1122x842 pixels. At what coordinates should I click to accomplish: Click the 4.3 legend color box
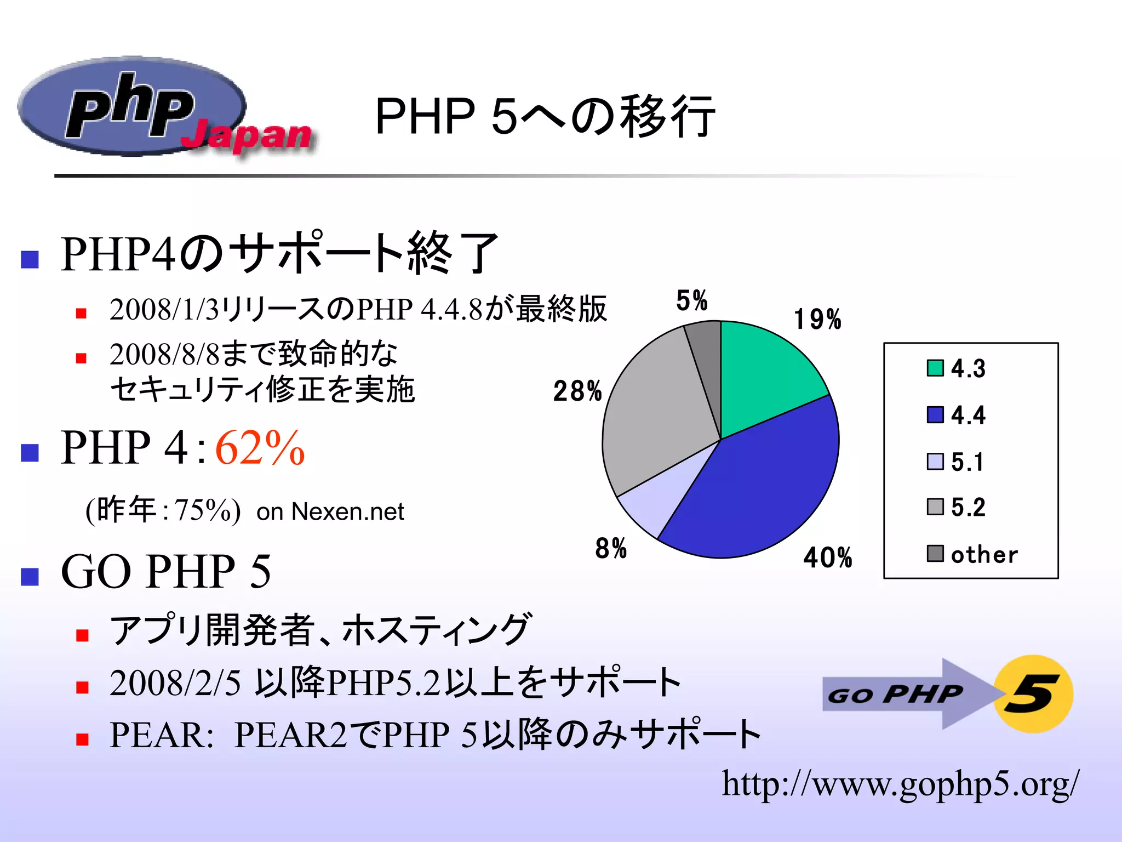coord(935,368)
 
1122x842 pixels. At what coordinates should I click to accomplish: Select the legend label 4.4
coord(968,415)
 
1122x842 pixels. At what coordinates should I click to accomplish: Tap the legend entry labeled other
coord(984,554)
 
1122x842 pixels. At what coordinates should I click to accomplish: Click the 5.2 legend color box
coord(935,507)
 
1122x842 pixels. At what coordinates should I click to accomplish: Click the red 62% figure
coord(260,448)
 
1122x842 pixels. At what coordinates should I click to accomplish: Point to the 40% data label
coord(827,557)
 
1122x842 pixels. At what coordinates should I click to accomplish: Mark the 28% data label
coord(577,391)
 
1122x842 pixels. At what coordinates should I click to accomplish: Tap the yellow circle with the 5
coord(1033,694)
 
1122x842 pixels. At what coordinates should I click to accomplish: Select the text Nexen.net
coord(347,511)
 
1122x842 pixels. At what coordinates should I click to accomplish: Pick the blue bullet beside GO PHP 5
coord(30,577)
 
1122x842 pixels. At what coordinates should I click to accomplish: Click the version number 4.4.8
coord(451,310)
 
